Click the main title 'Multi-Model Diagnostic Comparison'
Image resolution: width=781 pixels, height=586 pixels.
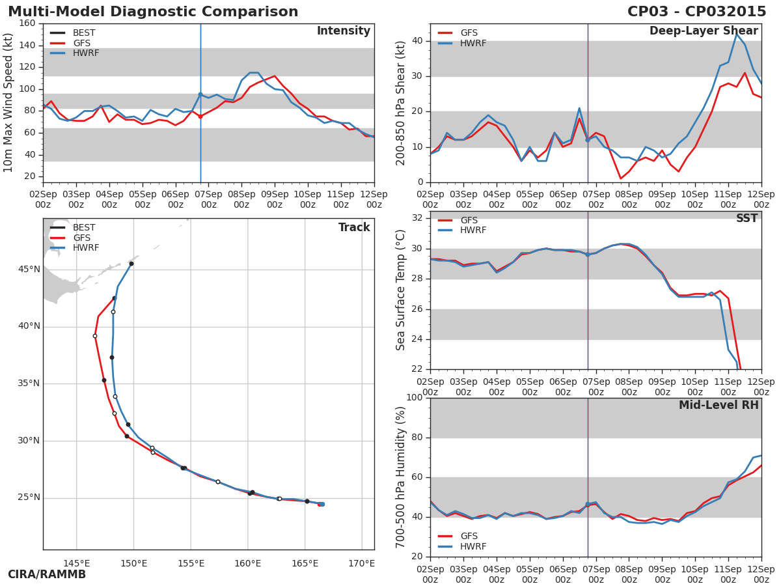click(153, 12)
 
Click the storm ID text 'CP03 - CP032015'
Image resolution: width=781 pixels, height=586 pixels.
click(696, 12)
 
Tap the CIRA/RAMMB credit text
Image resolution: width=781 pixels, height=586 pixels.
click(47, 574)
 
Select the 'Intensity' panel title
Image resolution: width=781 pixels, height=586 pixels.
click(343, 31)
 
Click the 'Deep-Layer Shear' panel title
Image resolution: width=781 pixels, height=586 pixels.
click(704, 31)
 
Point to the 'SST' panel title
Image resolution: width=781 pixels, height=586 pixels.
click(747, 219)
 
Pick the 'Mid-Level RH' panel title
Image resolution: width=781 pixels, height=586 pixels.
click(719, 406)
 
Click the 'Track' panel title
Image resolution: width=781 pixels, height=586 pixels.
click(354, 228)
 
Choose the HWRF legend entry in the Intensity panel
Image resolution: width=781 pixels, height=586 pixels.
click(86, 53)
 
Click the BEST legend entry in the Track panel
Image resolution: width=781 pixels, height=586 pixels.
click(84, 228)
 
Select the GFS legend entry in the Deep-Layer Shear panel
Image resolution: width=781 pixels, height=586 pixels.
click(469, 33)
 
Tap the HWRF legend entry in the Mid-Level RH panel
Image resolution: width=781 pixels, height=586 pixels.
click(473, 547)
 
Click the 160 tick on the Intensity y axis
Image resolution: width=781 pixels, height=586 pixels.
click(27, 23)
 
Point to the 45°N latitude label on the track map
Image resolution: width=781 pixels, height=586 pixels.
click(29, 270)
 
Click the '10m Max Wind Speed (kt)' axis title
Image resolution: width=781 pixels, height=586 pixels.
click(8, 103)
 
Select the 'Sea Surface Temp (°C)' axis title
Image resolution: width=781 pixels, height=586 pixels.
click(401, 290)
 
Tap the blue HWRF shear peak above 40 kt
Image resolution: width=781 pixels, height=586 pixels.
click(737, 34)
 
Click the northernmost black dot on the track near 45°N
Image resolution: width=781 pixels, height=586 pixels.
click(131, 264)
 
